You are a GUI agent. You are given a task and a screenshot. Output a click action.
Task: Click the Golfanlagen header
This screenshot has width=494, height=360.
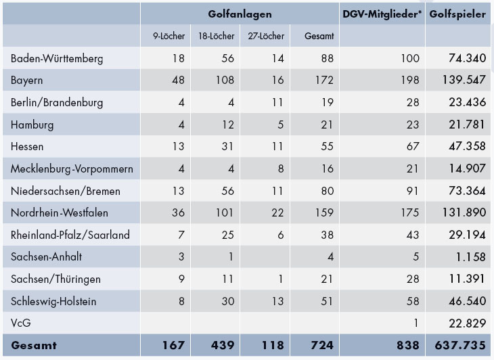[x=240, y=13]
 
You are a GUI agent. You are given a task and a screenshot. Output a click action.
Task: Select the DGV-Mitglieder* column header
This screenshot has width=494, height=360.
[x=382, y=13]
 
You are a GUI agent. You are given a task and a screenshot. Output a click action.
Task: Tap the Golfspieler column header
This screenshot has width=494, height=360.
[x=457, y=13]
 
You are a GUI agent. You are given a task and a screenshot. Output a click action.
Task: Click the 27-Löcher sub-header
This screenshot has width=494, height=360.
[x=269, y=36]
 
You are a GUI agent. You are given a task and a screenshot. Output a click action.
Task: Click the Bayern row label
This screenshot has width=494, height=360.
[x=27, y=81]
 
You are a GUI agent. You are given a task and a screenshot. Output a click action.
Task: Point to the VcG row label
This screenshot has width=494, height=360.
[x=20, y=323]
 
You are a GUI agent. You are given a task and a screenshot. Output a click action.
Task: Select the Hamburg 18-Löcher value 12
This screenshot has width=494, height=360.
[x=227, y=125]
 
